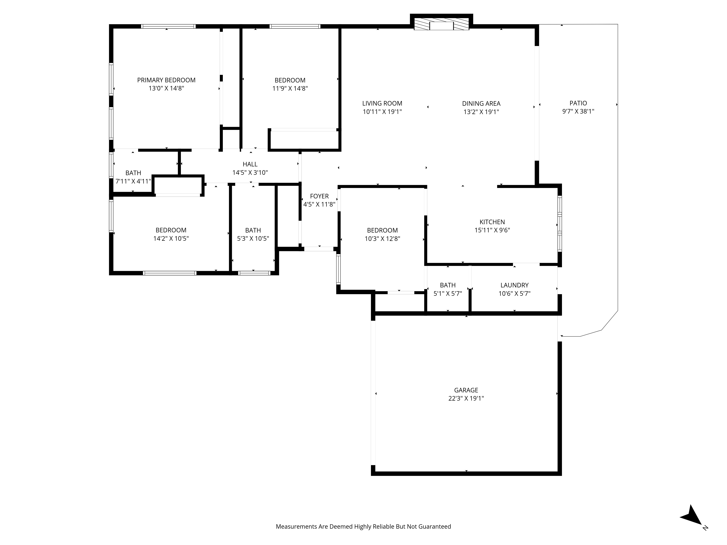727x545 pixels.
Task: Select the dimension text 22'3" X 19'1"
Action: pos(466,398)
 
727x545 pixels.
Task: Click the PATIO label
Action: pos(578,103)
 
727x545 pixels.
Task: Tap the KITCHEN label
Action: pos(492,222)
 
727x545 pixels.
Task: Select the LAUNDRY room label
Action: pos(514,285)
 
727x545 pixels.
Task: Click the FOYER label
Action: pos(319,196)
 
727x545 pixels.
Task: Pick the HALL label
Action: pos(250,164)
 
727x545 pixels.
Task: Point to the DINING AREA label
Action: pos(481,104)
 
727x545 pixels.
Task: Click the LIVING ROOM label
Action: pos(382,104)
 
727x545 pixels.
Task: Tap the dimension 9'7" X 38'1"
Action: pos(578,111)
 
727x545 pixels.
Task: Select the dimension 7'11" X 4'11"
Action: pos(133,181)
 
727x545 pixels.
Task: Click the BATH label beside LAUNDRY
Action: pos(448,285)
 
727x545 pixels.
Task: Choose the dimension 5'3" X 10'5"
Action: pos(253,239)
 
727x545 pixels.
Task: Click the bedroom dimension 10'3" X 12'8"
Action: pos(382,239)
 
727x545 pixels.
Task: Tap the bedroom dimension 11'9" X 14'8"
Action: pos(290,88)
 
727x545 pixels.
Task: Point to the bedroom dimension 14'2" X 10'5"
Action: pos(171,239)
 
